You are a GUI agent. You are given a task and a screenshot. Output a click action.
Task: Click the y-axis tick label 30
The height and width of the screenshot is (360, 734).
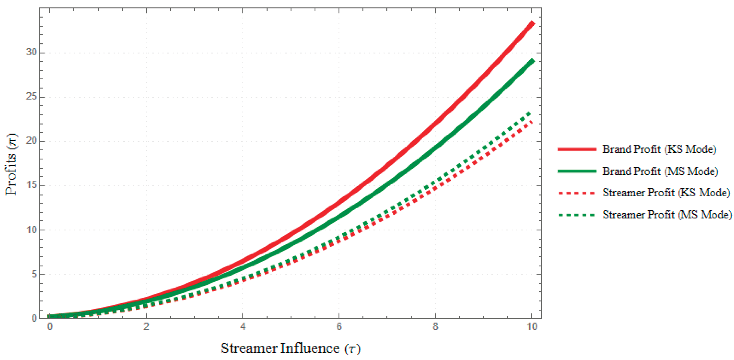tap(31, 52)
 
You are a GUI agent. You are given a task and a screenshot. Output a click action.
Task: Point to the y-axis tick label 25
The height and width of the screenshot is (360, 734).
tap(31, 97)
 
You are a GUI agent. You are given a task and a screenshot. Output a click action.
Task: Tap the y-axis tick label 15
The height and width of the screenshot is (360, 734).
tap(31, 185)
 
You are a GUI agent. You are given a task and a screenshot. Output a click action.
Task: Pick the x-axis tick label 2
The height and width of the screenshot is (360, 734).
tap(146, 327)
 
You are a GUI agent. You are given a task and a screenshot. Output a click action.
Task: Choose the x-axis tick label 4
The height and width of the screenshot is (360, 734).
tap(243, 327)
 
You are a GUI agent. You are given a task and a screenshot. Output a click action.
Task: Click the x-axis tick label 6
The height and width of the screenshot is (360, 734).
tap(339, 327)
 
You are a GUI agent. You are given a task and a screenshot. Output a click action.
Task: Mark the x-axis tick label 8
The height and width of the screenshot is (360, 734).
tap(435, 327)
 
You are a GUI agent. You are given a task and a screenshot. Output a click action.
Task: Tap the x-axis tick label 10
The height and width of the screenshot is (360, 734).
tap(532, 327)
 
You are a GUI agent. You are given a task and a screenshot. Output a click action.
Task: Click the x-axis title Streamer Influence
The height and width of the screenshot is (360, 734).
tap(291, 348)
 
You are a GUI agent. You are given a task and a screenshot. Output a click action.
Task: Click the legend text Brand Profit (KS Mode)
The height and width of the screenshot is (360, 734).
tap(659, 149)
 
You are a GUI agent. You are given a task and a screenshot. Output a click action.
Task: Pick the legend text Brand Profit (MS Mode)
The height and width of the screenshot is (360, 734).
tap(660, 171)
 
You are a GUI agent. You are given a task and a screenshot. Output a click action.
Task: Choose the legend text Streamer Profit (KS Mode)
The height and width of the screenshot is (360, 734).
tap(666, 193)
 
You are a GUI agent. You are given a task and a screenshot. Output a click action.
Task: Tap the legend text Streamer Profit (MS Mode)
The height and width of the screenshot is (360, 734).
tap(667, 215)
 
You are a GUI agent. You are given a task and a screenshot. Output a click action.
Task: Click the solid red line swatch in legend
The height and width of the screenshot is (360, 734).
tap(577, 149)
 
